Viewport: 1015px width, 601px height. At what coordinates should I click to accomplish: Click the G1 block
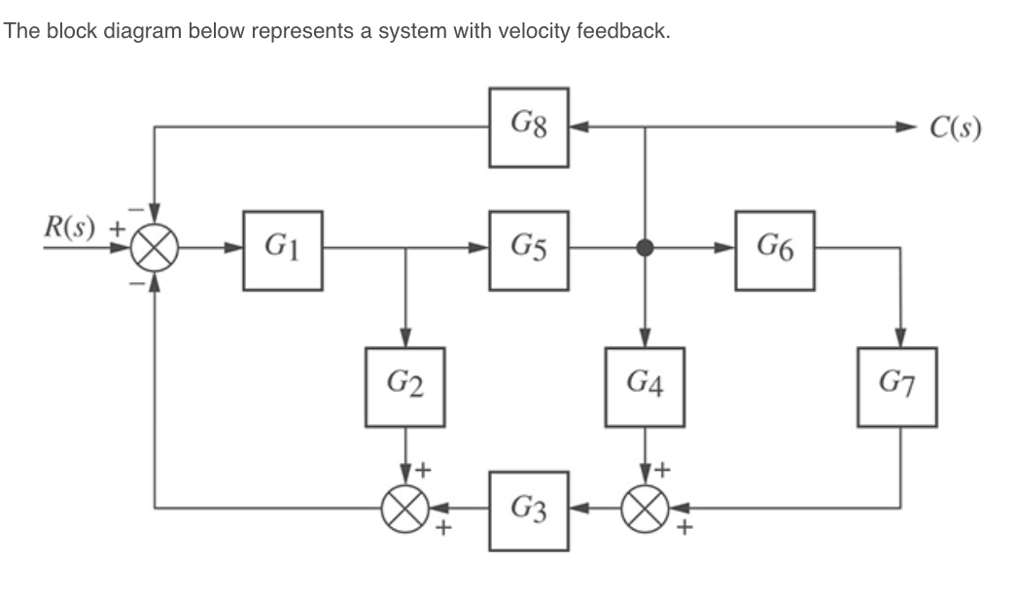point(283,250)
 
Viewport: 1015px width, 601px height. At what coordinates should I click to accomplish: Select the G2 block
point(405,387)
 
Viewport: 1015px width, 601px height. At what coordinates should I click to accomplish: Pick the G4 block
point(644,387)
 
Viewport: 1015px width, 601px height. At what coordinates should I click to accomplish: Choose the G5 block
point(529,250)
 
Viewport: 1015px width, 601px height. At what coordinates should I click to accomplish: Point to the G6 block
point(775,250)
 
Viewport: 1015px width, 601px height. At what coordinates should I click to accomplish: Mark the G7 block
point(896,387)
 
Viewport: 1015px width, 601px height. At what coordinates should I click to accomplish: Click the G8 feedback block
point(529,126)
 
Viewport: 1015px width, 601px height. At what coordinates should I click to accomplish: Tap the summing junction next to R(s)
point(154,250)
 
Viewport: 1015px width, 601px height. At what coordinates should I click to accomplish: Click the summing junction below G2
point(405,508)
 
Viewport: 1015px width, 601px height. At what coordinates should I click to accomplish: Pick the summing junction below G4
point(644,508)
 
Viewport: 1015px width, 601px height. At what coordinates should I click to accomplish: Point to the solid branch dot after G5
point(644,250)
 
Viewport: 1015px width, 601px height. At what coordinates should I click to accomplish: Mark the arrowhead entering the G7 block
point(898,337)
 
